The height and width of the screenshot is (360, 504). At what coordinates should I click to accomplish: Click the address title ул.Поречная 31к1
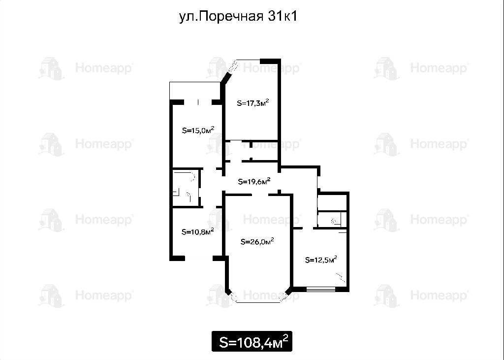(x=238, y=16)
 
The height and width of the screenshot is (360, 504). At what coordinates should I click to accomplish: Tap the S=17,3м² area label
(x=252, y=103)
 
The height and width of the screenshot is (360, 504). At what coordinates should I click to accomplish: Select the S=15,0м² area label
(x=198, y=130)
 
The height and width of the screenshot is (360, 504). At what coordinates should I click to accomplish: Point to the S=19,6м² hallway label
(x=254, y=181)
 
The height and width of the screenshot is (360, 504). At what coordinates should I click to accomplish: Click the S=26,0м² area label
(x=257, y=241)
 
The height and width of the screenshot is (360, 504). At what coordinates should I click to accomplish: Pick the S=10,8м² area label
(x=198, y=231)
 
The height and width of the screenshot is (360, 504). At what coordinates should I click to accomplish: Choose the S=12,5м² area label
(x=321, y=260)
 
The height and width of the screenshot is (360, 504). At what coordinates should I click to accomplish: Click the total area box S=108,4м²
(x=252, y=341)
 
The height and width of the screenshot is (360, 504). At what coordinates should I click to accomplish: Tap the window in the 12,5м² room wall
(x=321, y=289)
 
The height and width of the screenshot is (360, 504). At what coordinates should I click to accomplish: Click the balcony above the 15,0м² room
(x=195, y=91)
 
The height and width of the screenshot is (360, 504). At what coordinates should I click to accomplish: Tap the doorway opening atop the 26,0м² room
(x=260, y=195)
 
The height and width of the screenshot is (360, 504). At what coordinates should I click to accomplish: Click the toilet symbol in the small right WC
(x=334, y=221)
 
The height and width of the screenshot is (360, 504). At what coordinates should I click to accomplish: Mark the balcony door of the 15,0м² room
(x=198, y=102)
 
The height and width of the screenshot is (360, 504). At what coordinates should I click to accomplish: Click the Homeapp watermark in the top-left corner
(x=85, y=68)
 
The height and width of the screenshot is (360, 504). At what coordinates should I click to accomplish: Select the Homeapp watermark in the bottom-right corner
(x=421, y=295)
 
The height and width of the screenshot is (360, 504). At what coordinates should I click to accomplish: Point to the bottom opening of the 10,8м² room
(x=199, y=258)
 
